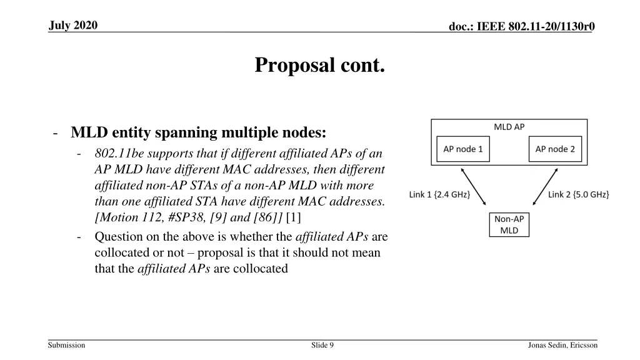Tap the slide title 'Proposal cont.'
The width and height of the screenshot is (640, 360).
(x=319, y=65)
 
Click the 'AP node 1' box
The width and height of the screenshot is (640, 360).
(x=463, y=149)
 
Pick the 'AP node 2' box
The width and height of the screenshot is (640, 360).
(x=555, y=149)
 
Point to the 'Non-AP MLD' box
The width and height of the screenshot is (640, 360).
(x=509, y=224)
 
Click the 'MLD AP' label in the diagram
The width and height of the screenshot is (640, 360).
(x=509, y=127)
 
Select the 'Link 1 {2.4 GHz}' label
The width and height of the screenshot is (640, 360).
(x=439, y=194)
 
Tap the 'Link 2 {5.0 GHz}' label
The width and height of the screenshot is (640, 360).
(x=578, y=194)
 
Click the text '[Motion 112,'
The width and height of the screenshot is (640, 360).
(x=124, y=217)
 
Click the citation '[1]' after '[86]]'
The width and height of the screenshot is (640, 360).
(x=293, y=217)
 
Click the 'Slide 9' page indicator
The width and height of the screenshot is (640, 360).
(x=322, y=345)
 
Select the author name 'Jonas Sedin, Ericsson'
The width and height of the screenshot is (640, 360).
(x=562, y=345)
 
